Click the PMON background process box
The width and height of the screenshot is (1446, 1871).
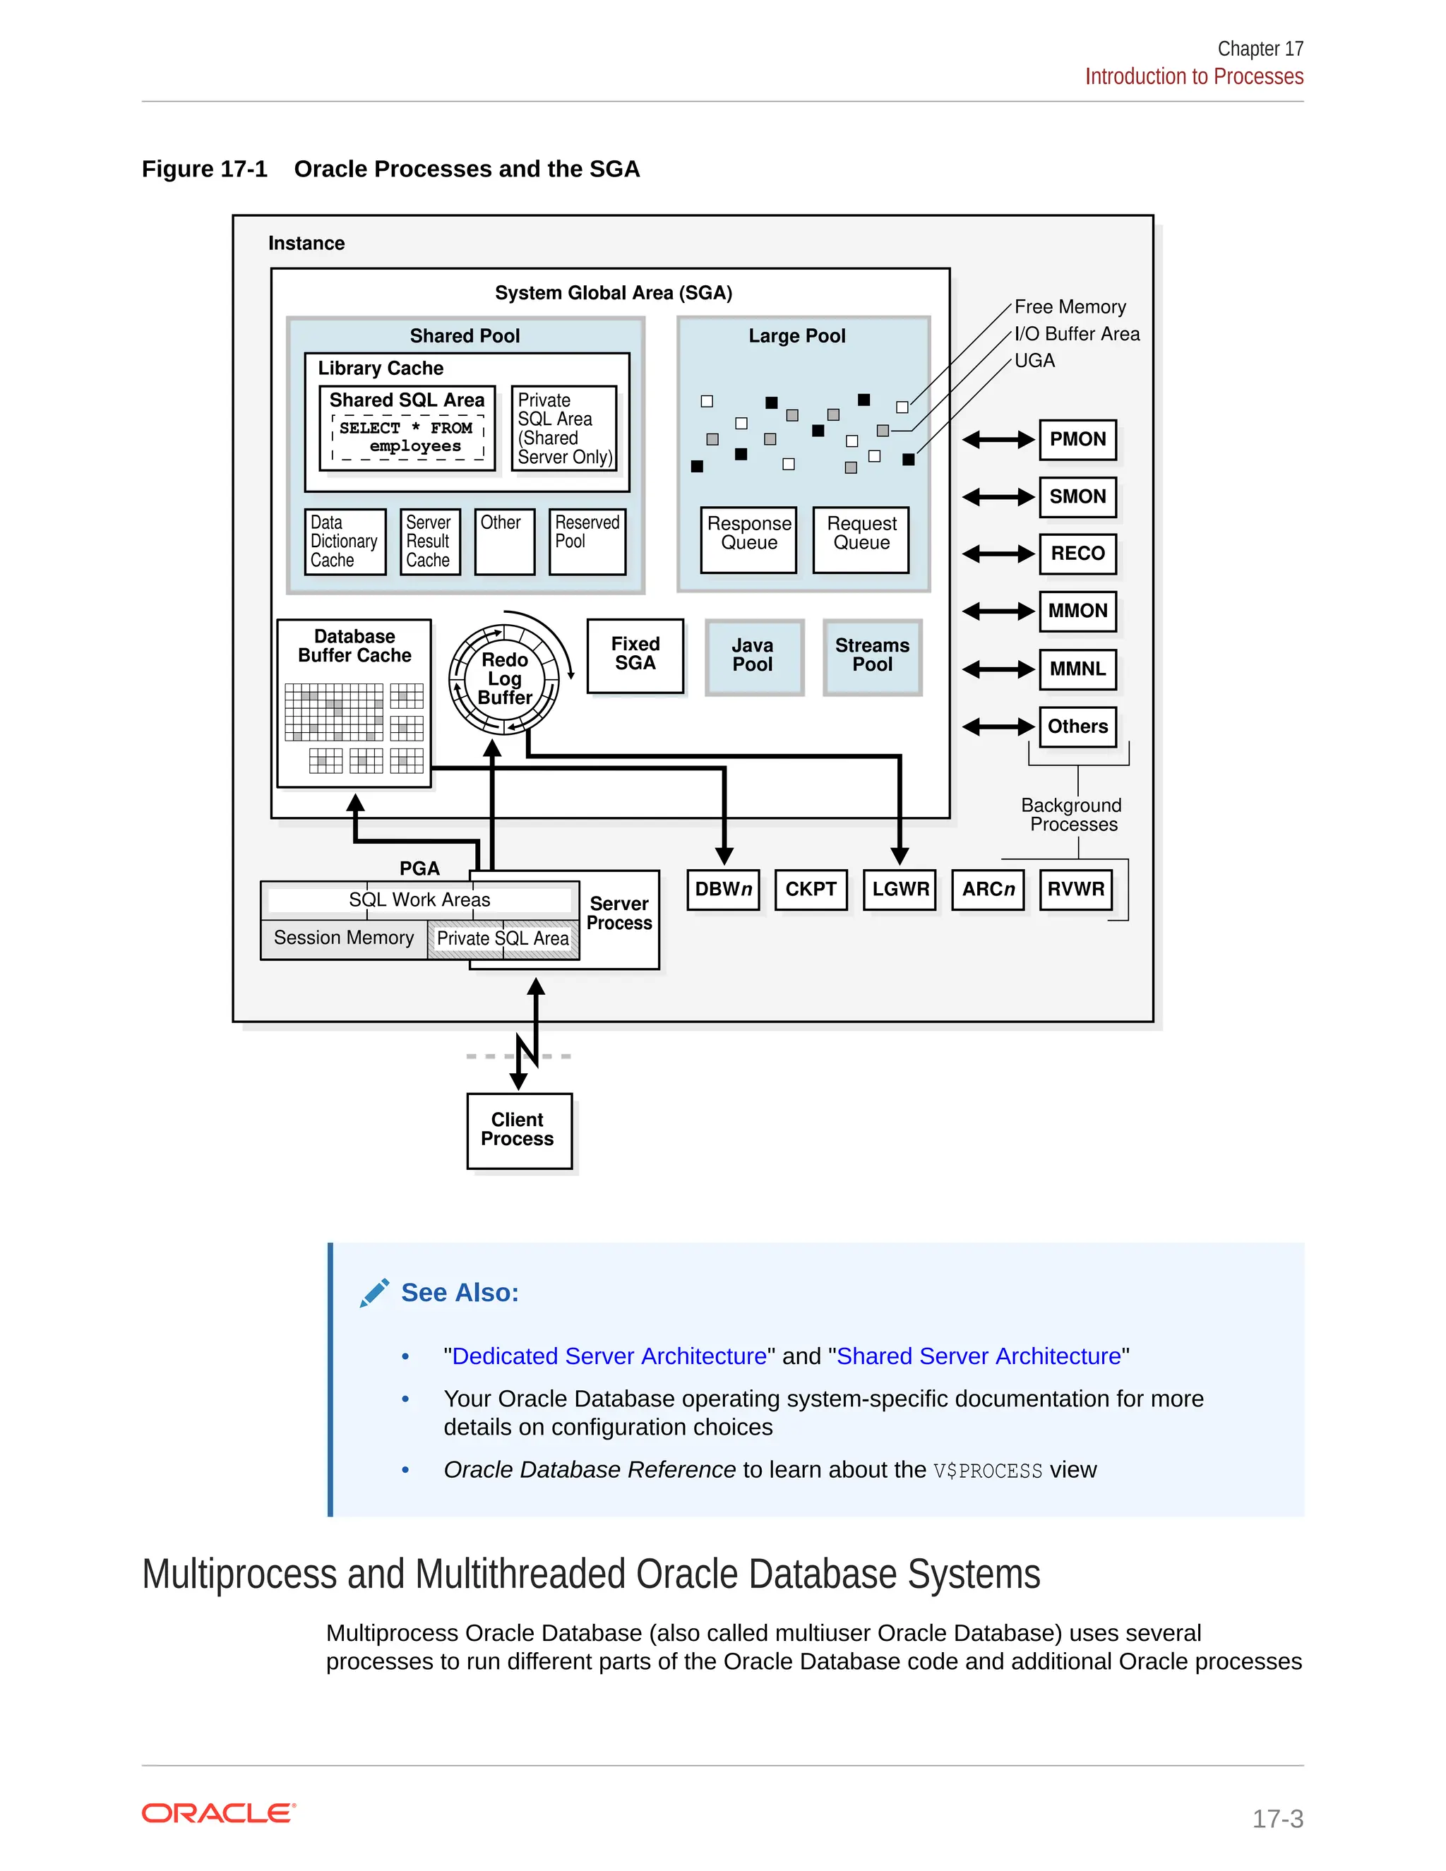pos(1077,439)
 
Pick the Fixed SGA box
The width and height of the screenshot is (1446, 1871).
pos(635,654)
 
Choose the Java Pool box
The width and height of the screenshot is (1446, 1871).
pos(753,656)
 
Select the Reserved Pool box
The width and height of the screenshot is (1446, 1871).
pos(587,541)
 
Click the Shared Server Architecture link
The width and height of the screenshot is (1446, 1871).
pos(979,1356)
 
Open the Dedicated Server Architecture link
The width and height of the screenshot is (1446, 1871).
pos(609,1356)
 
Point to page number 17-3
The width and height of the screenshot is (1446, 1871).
pos(1277,1819)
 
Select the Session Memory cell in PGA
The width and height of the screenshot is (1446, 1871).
pos(344,938)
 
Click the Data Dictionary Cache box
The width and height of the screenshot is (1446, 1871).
pos(345,542)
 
